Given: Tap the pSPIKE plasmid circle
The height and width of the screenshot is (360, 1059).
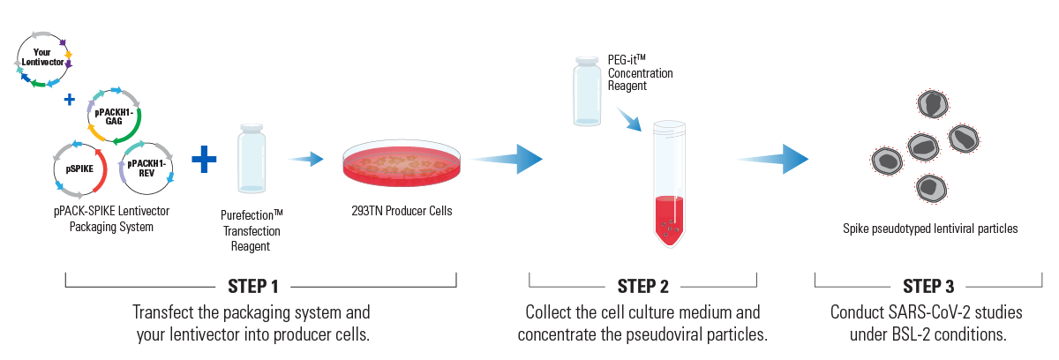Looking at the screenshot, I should point(79,166).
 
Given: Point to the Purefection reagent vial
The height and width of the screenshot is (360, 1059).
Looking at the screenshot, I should point(252,158).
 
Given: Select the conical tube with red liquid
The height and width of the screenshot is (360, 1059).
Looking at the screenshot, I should point(669,185).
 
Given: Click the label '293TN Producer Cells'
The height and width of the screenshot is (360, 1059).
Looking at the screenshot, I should point(402,211).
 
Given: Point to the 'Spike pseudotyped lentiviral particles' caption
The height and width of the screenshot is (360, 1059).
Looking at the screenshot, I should point(930,229).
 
